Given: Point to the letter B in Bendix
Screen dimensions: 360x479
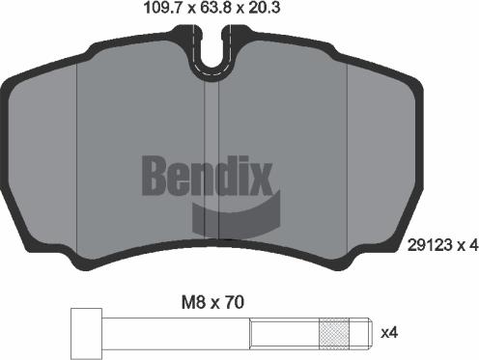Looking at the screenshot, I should click(158, 174).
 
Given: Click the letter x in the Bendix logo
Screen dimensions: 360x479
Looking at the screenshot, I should click(264, 178).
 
